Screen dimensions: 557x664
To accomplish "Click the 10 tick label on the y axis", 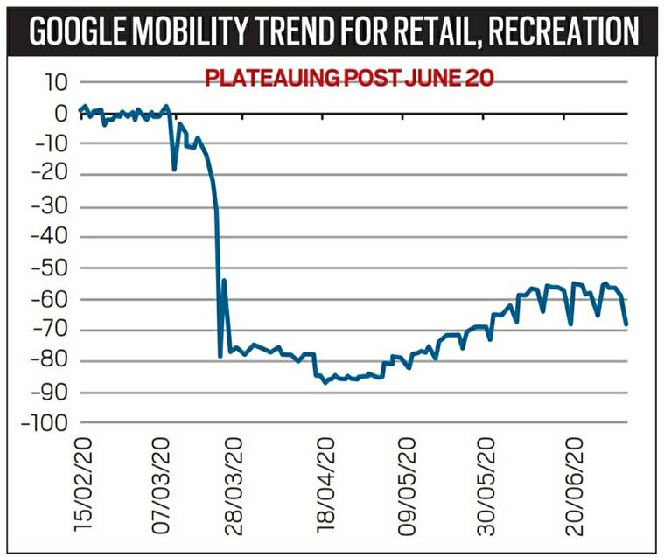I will click(57, 83).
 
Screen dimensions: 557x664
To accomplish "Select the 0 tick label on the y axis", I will click(62, 114).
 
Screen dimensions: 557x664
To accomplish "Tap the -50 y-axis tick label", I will click(52, 268).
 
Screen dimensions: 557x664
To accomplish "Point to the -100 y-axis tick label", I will click(47, 423).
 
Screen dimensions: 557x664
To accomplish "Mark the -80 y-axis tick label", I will click(52, 361).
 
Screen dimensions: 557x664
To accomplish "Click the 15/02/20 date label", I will click(84, 485).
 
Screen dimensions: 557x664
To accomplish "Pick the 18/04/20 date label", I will click(325, 485).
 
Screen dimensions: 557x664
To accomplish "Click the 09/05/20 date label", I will click(406, 485).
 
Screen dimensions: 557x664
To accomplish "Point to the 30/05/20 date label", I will click(486, 485).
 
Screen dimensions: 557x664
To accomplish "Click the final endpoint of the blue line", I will click(626, 324).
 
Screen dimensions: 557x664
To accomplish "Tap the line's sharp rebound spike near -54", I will click(224, 281).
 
